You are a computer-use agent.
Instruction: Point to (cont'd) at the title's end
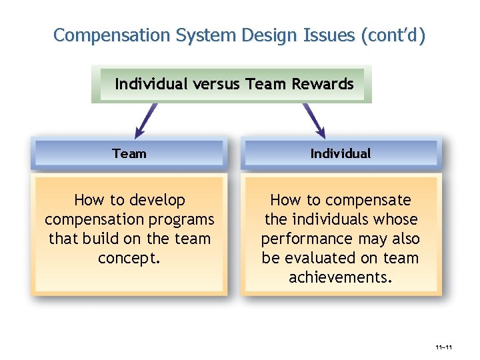[392, 35]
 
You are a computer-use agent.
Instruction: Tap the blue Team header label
[129, 153]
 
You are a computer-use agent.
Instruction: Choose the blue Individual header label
[341, 153]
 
